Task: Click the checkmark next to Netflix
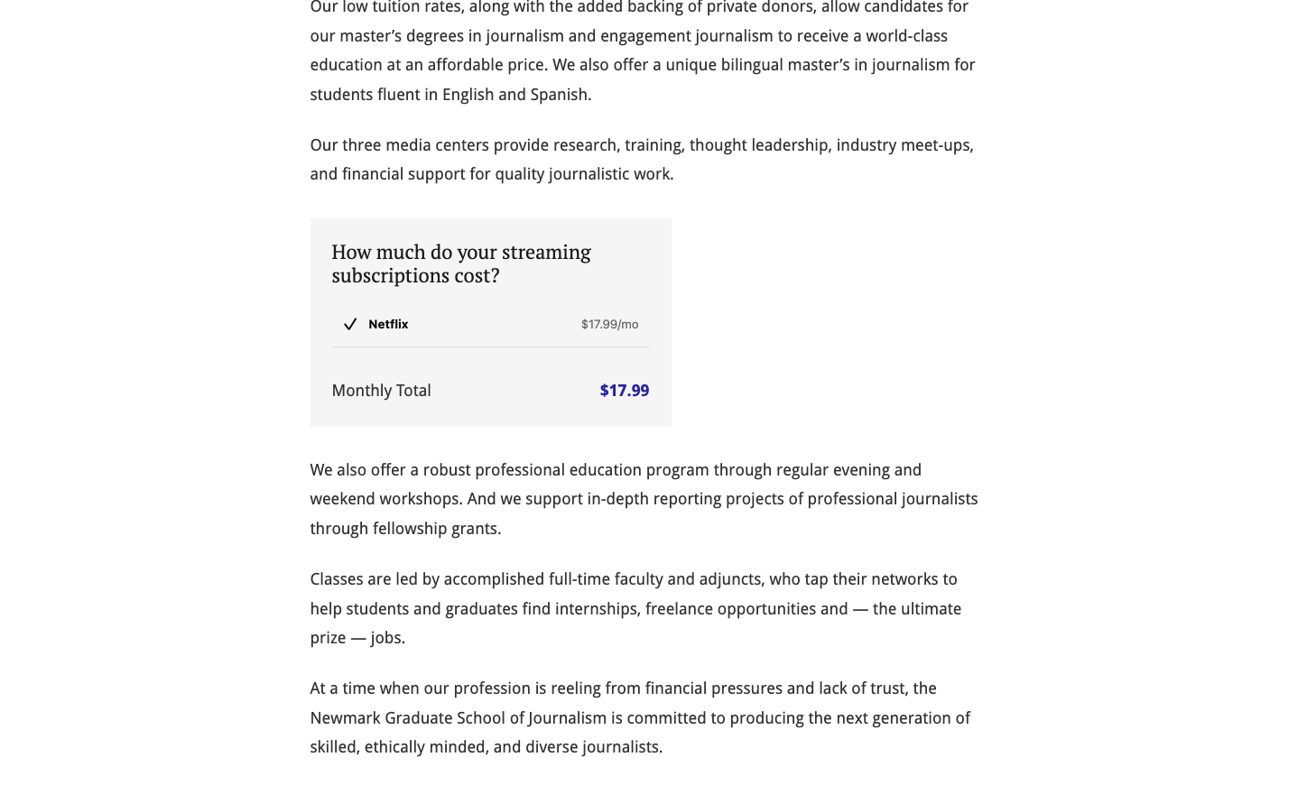pos(350,325)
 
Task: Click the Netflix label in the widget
pos(388,325)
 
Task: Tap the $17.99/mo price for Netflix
pos(609,325)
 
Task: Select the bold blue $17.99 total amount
pos(624,391)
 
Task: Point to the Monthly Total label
pos(381,391)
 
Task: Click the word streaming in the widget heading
pos(545,252)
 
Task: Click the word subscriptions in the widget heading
pos(390,275)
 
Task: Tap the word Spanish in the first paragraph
pos(560,95)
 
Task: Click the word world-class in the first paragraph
pos(906,36)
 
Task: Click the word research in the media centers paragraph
pos(585,145)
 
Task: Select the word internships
pos(596,609)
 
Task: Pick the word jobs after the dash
pos(387,638)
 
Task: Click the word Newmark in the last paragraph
pos(345,718)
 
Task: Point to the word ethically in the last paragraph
pos(394,747)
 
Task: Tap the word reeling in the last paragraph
pos(575,688)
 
